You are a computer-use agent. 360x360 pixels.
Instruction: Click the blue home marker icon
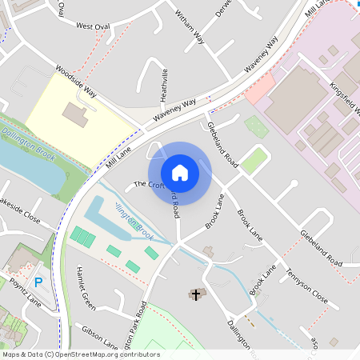180,172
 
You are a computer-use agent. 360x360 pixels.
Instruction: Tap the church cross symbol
196,295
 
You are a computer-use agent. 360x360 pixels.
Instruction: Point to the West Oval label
93,26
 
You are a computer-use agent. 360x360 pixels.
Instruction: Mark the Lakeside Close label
20,210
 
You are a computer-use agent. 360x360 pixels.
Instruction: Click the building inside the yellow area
76,114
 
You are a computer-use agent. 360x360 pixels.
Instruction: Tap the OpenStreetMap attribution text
81,354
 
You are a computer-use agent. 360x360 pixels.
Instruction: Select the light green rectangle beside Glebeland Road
254,160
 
